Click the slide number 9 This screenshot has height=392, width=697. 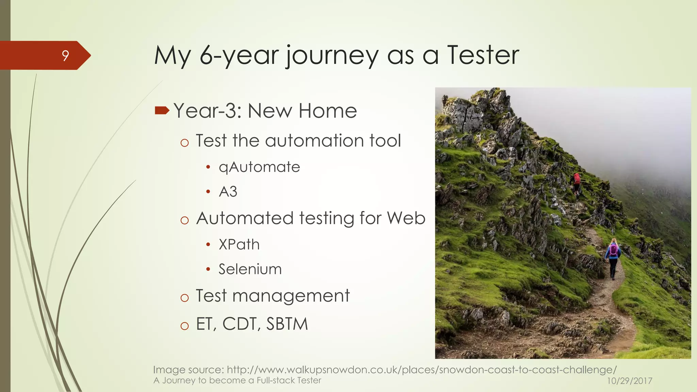pos(65,55)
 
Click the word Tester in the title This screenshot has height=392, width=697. pos(483,55)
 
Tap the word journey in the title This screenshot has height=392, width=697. pos(332,56)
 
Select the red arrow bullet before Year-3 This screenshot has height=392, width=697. pos(162,110)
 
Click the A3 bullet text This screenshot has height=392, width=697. pos(228,192)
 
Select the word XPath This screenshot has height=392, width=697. pos(239,245)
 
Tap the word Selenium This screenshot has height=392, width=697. pos(250,269)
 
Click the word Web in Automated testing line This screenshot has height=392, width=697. pos(406,218)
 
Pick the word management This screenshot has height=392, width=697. pos(291,296)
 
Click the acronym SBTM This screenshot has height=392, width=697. pos(287,324)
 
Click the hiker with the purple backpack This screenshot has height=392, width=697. pos(613,258)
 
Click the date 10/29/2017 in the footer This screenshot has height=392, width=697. pos(630,381)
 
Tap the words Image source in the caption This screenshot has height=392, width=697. pos(188,370)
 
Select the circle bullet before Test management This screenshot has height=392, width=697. pos(184,298)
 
